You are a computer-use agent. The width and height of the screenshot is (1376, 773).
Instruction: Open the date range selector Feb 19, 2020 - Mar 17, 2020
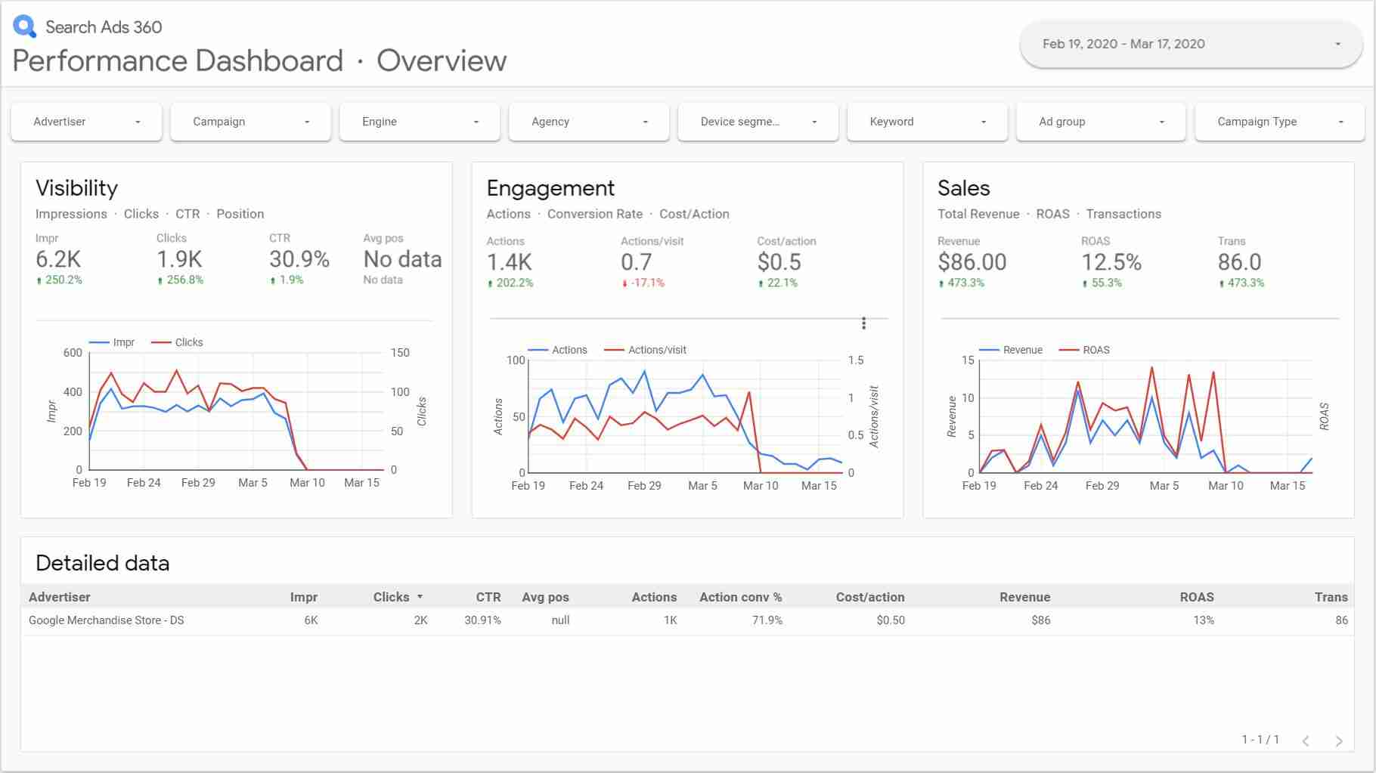click(1191, 44)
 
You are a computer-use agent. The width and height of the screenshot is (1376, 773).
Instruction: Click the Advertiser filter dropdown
click(86, 122)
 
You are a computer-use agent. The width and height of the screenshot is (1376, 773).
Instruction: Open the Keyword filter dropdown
click(927, 122)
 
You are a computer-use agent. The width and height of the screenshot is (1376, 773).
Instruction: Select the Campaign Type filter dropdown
click(1279, 122)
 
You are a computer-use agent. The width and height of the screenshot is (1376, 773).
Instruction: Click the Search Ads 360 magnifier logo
click(24, 26)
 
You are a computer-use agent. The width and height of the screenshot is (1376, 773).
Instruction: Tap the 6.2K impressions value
click(58, 259)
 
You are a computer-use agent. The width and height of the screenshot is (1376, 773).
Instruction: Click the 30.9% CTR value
click(299, 259)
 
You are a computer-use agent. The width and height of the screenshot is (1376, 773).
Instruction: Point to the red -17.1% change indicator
click(643, 283)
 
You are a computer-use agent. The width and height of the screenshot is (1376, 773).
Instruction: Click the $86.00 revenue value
click(972, 262)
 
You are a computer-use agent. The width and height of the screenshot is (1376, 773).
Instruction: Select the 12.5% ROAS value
click(1111, 262)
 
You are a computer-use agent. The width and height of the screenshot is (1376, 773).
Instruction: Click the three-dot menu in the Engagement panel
click(863, 323)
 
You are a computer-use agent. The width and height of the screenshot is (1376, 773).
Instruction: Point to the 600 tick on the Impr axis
click(73, 353)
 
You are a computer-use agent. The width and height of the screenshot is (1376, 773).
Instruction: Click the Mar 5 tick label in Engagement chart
click(702, 486)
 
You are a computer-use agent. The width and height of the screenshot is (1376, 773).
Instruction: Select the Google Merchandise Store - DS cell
click(107, 620)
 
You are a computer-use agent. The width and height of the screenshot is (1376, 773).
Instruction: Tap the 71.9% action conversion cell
click(767, 620)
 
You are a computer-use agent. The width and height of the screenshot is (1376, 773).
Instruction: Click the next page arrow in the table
click(1339, 741)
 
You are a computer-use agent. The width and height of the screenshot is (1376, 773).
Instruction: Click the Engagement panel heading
click(550, 188)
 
